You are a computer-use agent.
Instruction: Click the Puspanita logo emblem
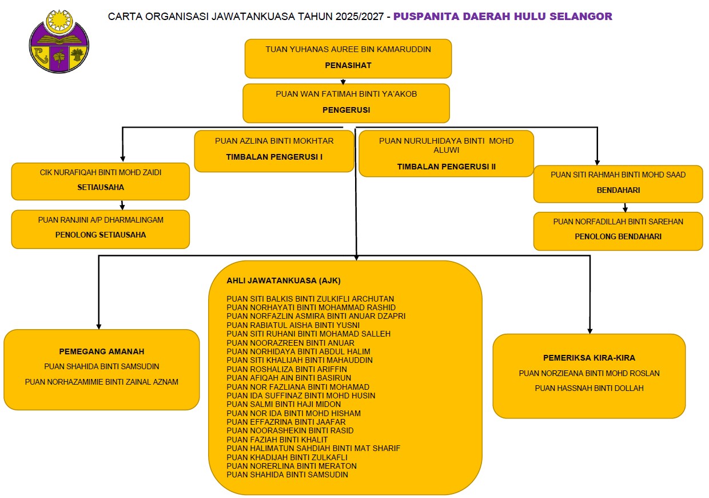59,41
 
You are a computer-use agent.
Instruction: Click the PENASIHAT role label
348,65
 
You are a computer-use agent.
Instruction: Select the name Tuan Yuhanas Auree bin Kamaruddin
348,49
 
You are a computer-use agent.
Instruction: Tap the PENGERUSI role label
346,110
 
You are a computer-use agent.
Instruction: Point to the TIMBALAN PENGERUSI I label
274,156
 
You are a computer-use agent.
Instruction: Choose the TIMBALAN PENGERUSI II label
446,167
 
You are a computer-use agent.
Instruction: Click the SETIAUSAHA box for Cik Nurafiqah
101,181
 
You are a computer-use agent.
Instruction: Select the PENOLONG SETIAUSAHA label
101,235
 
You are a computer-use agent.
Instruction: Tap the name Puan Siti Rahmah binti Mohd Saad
618,175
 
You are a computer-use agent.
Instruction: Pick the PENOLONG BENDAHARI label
618,236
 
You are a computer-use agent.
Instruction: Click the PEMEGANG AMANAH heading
102,351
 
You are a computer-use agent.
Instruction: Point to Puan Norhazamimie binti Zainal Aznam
102,382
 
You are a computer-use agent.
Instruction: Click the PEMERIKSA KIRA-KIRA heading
589,358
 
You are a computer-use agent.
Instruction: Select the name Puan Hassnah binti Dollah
589,388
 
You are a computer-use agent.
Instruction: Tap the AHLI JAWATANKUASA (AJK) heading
284,281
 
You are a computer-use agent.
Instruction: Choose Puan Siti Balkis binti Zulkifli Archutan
310,299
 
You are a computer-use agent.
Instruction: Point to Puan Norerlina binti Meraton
292,466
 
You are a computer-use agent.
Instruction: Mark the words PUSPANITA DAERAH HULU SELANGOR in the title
503,17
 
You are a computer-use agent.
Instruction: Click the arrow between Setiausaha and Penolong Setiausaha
122,205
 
